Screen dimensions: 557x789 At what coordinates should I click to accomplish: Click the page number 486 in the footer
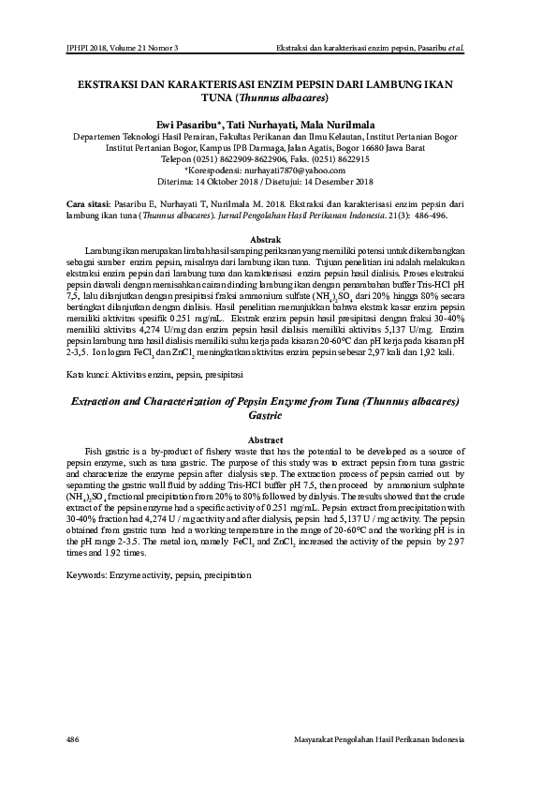pyautogui.click(x=74, y=740)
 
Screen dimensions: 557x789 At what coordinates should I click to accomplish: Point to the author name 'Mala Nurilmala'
pyautogui.click(x=347, y=124)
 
